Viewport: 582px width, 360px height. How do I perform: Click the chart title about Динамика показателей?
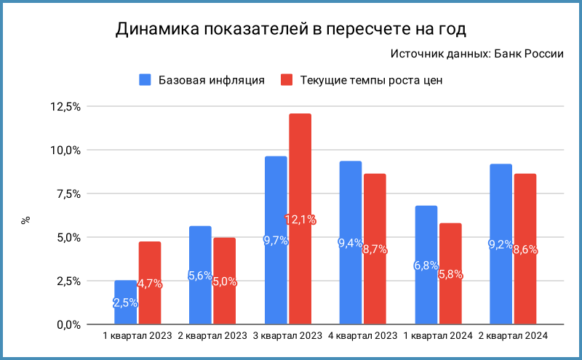click(x=290, y=29)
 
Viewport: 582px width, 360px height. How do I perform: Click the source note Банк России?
click(x=477, y=54)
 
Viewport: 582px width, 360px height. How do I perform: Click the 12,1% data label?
click(x=300, y=219)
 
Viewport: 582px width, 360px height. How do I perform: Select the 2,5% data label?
click(x=125, y=303)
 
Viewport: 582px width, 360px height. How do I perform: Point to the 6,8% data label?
click(x=426, y=265)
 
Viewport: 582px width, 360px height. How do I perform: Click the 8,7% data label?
click(x=375, y=249)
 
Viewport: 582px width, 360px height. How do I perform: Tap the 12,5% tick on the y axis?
click(x=65, y=107)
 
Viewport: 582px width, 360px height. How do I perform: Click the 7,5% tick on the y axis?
click(x=68, y=193)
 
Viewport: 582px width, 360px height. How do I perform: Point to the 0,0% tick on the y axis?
click(x=68, y=324)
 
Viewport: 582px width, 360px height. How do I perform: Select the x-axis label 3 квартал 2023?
click(x=287, y=335)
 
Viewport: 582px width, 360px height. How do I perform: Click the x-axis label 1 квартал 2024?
click(x=438, y=335)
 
